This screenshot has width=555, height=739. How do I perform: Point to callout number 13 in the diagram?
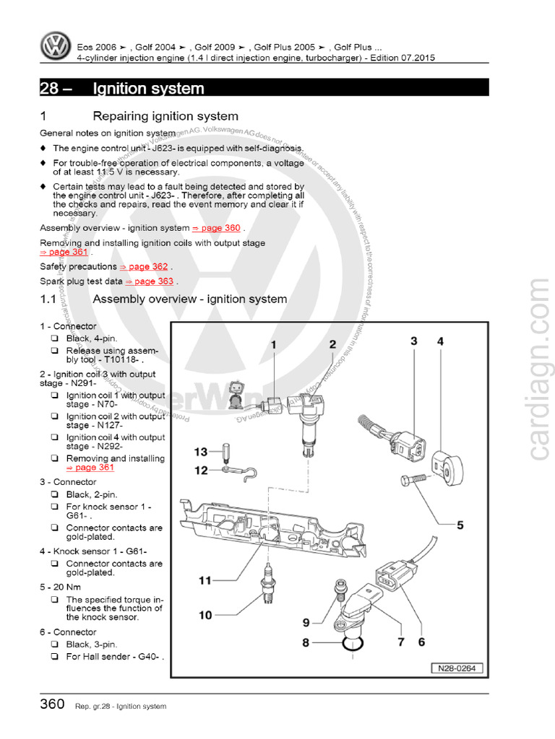(200, 452)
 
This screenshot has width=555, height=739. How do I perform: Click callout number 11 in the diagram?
(205, 580)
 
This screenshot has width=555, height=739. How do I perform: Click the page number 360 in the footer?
(52, 705)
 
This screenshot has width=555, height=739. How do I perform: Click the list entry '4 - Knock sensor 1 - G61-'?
(93, 551)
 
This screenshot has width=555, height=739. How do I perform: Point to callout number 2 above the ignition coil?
(332, 345)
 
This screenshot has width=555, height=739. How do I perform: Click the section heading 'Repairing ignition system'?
(165, 116)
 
